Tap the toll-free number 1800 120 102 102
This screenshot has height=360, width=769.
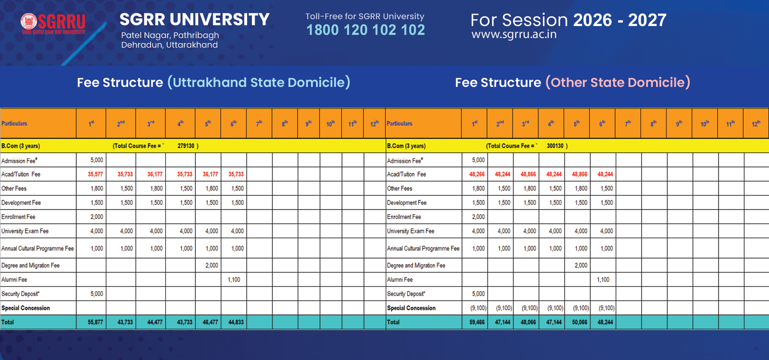click(x=365, y=30)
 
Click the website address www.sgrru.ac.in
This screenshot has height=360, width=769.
click(x=514, y=35)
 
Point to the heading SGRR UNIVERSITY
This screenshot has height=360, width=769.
click(x=195, y=20)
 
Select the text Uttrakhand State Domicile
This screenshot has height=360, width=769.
click(x=259, y=82)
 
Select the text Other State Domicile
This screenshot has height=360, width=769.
click(x=618, y=82)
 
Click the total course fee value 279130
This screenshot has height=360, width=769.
click(x=186, y=146)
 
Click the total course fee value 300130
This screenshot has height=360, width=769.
click(x=555, y=146)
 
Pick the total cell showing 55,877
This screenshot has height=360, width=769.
click(x=95, y=322)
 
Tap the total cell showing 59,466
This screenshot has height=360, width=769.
click(x=477, y=322)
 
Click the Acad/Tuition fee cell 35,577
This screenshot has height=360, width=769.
click(x=95, y=174)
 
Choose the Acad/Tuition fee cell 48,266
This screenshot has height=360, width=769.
click(x=477, y=174)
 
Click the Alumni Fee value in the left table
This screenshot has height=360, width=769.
click(x=234, y=280)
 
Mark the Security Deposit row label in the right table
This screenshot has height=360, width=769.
click(x=406, y=294)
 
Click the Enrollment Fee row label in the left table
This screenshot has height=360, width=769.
click(x=18, y=217)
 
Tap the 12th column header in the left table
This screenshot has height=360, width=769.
click(x=374, y=124)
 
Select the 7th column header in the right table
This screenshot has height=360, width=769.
click(x=628, y=124)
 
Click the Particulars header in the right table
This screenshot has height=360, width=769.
click(x=399, y=124)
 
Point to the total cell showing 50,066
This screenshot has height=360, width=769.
click(x=580, y=322)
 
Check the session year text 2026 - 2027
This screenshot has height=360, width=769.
click(x=620, y=20)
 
